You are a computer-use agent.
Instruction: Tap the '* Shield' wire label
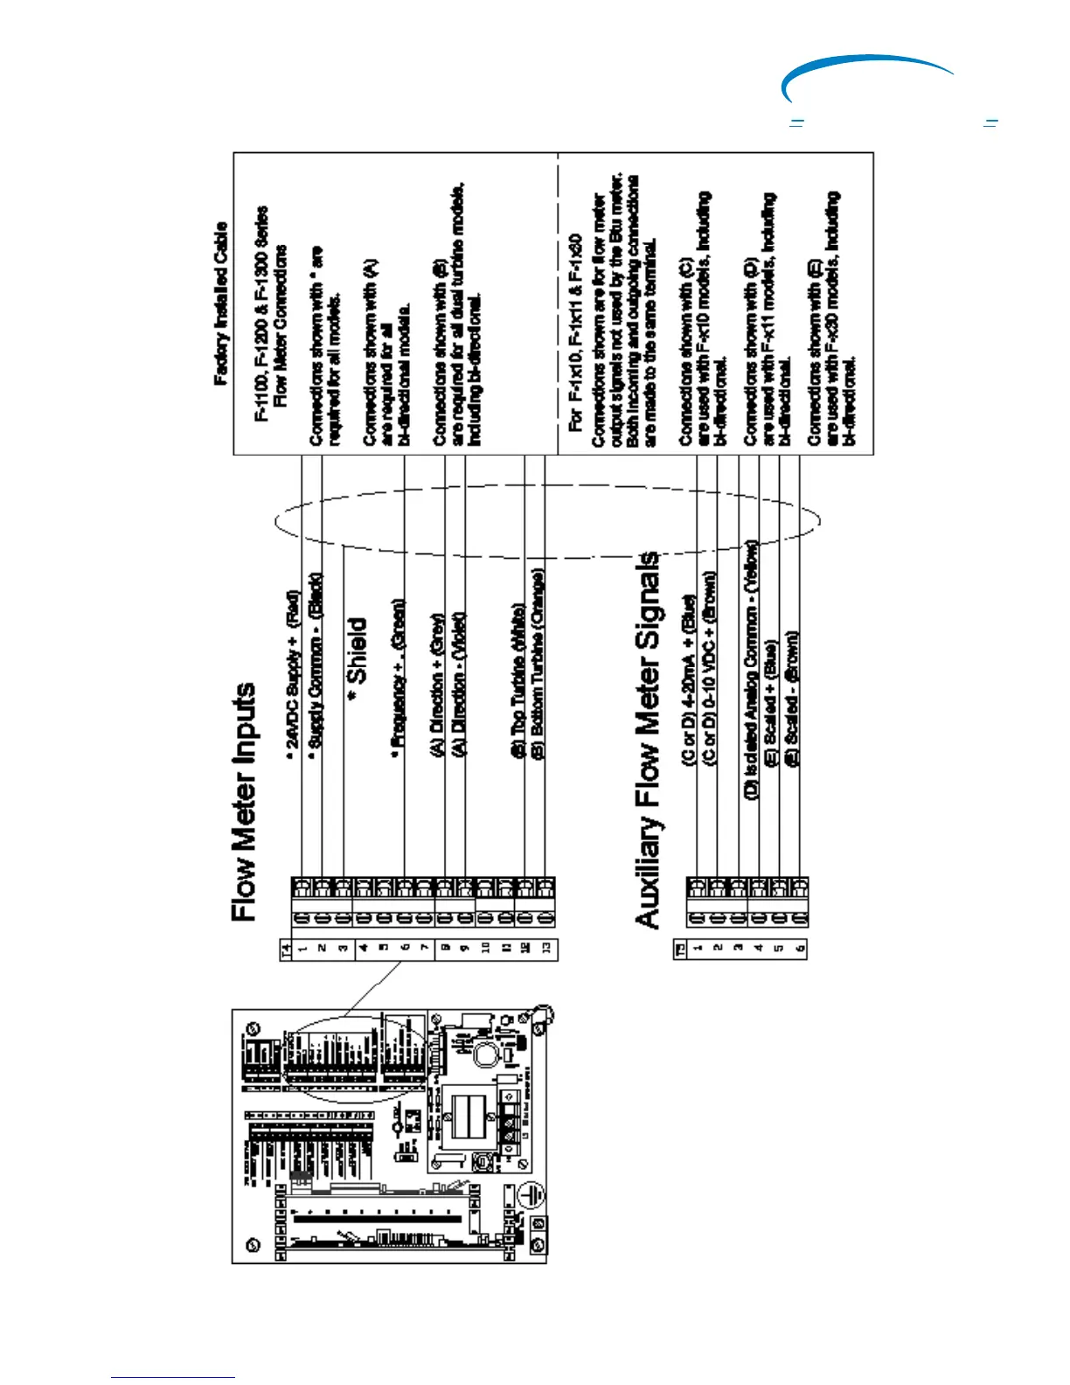(x=357, y=651)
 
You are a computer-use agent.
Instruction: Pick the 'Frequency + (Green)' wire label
(x=399, y=673)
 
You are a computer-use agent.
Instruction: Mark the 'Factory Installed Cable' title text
(x=221, y=303)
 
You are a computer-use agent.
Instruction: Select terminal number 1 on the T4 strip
(x=302, y=949)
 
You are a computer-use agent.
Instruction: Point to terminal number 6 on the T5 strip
(x=799, y=948)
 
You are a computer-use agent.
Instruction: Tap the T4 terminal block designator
(x=285, y=949)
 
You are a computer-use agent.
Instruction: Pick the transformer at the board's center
(x=467, y=1115)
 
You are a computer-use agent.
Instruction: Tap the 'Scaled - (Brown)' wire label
(x=792, y=689)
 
